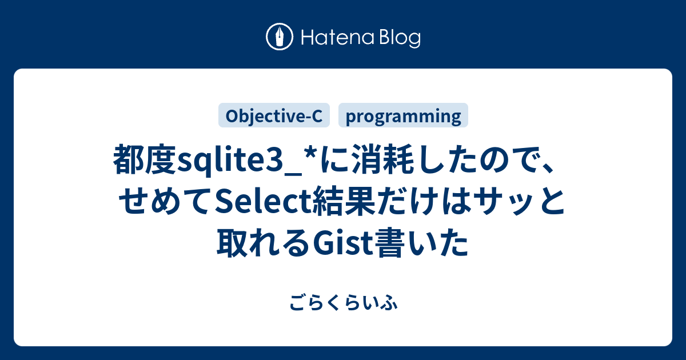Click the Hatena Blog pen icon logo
click(x=280, y=38)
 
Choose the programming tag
click(x=404, y=116)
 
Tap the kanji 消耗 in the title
click(x=374, y=159)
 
